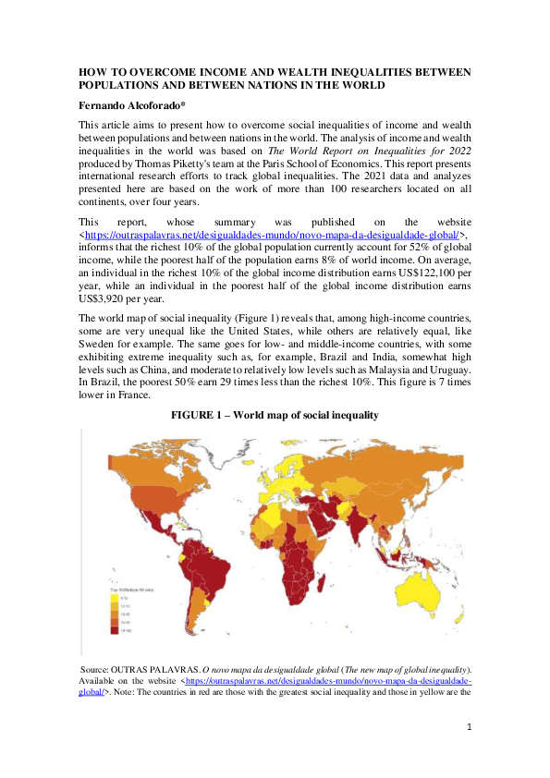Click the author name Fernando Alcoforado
[138, 105]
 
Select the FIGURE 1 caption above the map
[275, 416]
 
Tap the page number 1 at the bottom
[469, 728]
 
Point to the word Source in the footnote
[98, 667]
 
